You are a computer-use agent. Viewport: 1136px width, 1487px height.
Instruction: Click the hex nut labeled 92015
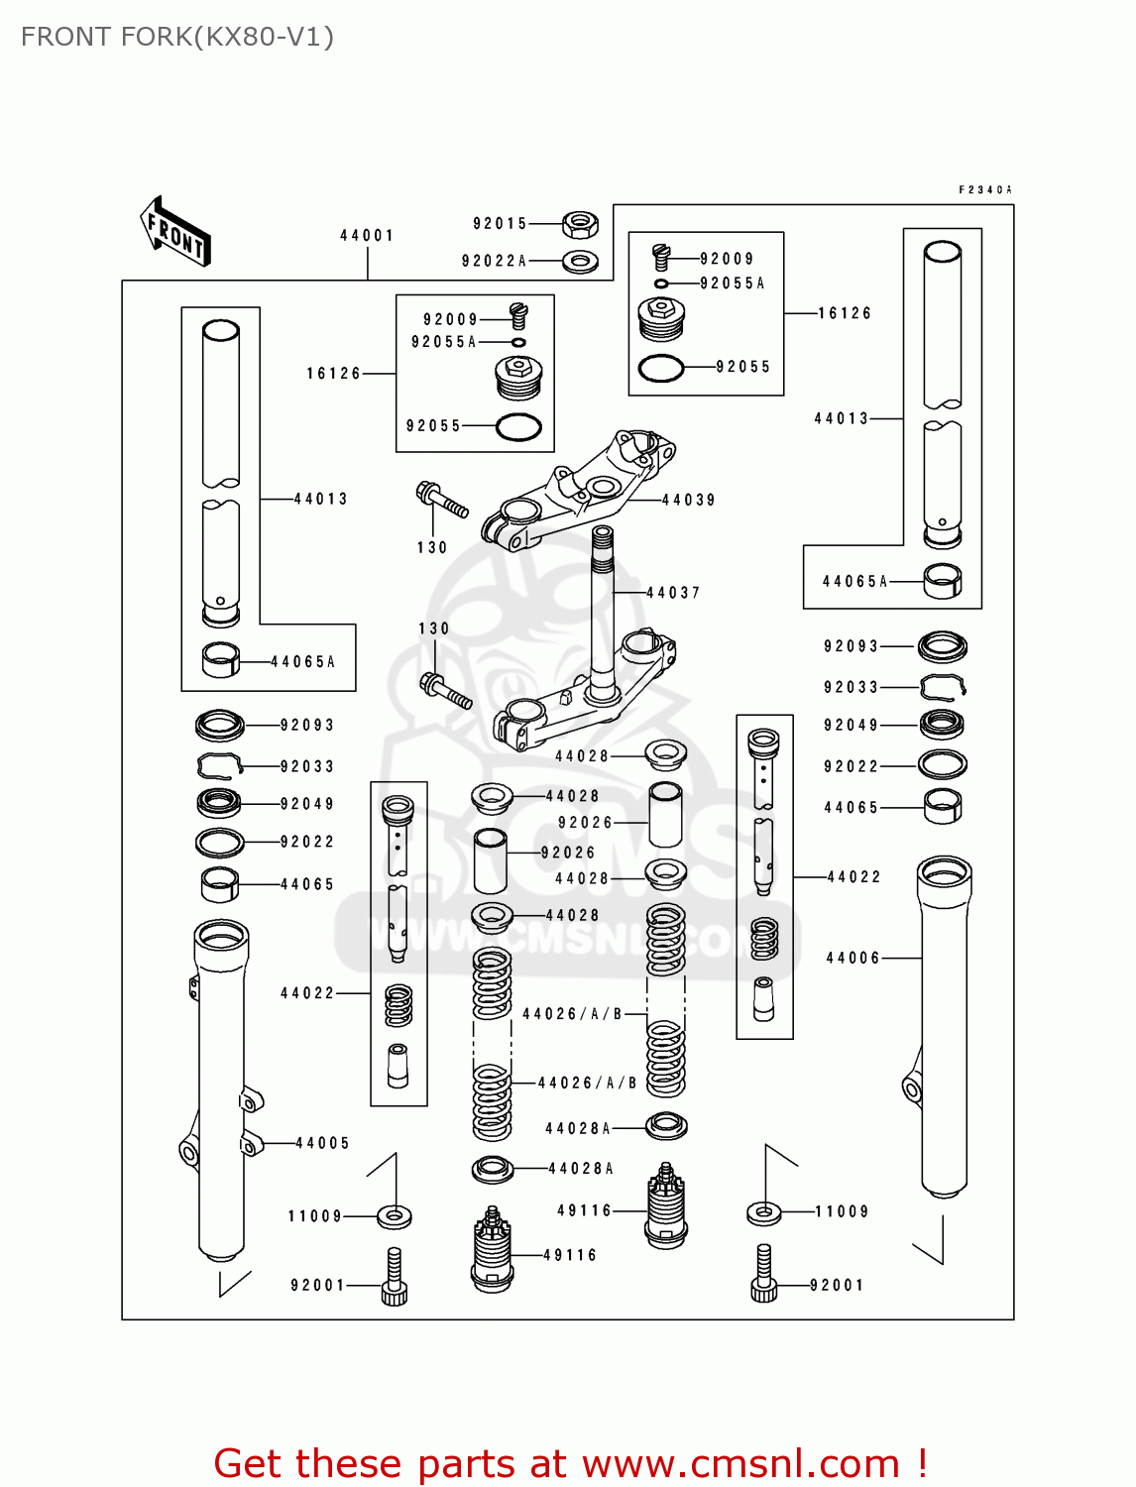pos(579,224)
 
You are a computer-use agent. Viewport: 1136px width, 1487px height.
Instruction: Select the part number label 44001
pos(367,236)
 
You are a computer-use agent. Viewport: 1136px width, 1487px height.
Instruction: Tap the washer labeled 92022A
pos(580,262)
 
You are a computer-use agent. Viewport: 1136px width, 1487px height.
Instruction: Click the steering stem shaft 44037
pos(602,595)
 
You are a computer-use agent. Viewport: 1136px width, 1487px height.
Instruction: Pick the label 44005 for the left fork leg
pos(323,1143)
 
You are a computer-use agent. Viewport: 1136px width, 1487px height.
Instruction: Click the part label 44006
pos(852,958)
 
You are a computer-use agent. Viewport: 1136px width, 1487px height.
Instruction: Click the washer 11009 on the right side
pos(763,1211)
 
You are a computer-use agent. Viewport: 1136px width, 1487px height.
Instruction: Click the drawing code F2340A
pos(984,189)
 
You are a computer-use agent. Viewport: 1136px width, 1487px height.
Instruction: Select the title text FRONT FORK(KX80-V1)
pos(177,37)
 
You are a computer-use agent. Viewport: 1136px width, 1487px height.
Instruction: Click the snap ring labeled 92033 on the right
pos(943,686)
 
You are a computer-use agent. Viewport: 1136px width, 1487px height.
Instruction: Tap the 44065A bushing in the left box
pos(220,660)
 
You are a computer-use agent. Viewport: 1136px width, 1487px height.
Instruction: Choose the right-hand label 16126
pos(845,313)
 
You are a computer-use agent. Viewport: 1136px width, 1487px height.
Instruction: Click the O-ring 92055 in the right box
pos(661,368)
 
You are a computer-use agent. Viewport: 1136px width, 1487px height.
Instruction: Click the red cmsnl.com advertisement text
pos(570,1463)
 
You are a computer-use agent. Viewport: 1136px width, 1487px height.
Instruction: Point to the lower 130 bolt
pos(446,690)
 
